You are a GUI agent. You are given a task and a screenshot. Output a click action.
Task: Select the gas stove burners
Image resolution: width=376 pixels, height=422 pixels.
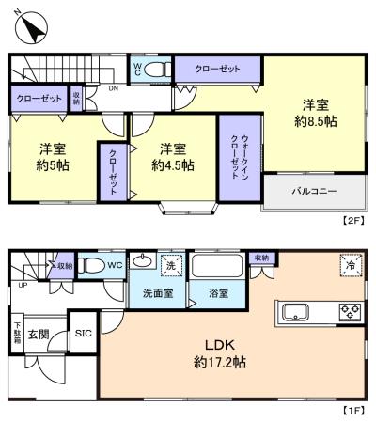click(350, 312)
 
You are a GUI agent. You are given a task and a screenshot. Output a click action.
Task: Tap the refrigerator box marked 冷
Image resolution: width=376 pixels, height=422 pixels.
click(349, 266)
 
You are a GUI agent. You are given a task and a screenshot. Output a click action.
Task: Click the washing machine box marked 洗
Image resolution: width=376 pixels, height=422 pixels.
click(171, 265)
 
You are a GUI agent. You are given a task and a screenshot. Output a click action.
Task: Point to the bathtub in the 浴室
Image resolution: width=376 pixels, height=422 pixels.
click(218, 267)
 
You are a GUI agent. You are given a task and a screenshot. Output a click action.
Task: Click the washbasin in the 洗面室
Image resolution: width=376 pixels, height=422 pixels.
click(143, 262)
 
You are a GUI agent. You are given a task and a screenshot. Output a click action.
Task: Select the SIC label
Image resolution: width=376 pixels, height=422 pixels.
click(84, 332)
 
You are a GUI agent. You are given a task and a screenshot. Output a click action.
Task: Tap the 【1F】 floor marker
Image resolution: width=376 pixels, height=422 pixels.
click(352, 412)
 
